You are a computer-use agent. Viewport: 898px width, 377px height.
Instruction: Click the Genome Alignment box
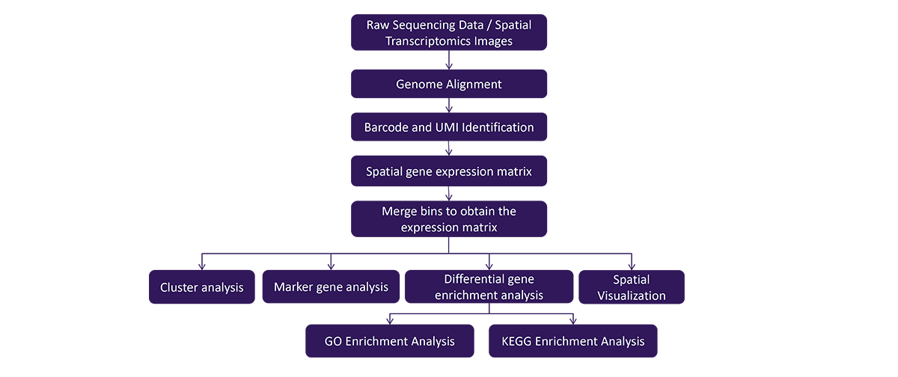448,84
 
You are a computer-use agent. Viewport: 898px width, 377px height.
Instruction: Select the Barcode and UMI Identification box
448,127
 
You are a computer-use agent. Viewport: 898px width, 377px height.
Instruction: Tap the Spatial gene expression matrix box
448,171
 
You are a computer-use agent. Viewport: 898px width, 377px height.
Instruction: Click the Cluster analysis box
201,286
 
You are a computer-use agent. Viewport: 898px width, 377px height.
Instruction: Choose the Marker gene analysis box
331,286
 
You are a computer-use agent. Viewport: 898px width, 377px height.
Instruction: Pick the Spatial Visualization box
632,286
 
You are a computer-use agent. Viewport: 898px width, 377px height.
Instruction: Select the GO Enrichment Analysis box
390,341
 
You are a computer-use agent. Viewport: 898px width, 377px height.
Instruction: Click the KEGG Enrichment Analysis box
573,341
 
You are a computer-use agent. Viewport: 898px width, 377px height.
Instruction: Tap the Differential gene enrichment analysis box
489,286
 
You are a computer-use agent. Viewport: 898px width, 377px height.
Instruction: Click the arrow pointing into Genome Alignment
449,60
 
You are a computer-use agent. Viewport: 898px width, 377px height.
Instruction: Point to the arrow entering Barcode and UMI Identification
449,105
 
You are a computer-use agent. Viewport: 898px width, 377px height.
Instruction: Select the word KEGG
516,341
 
